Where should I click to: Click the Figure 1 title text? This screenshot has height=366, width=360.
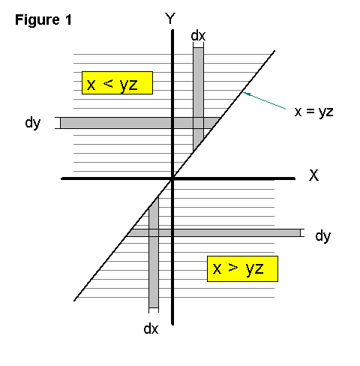point(43,20)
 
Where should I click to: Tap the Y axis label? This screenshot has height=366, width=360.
point(170,19)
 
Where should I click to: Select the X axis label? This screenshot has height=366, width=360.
point(314,175)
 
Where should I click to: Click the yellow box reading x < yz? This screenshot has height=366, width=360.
point(117,83)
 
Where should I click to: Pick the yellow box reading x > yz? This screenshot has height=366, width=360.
point(242,268)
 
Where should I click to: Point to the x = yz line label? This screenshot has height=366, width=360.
point(314,112)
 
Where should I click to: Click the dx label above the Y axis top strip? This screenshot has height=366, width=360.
point(198,36)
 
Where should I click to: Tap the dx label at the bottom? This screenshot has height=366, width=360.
point(151,328)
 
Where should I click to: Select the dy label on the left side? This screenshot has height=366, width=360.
point(33,123)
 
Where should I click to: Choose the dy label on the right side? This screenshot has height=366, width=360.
point(323,236)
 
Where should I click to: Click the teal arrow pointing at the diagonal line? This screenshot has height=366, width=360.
point(264,100)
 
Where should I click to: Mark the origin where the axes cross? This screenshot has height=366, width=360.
point(172,178)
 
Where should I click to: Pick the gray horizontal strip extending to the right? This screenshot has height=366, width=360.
point(214,233)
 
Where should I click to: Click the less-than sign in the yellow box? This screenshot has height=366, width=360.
point(108,83)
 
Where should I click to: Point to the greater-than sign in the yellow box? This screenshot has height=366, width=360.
point(233,268)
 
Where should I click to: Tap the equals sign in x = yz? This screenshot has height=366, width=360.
point(310,111)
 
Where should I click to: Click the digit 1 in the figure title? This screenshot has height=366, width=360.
point(68,19)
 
